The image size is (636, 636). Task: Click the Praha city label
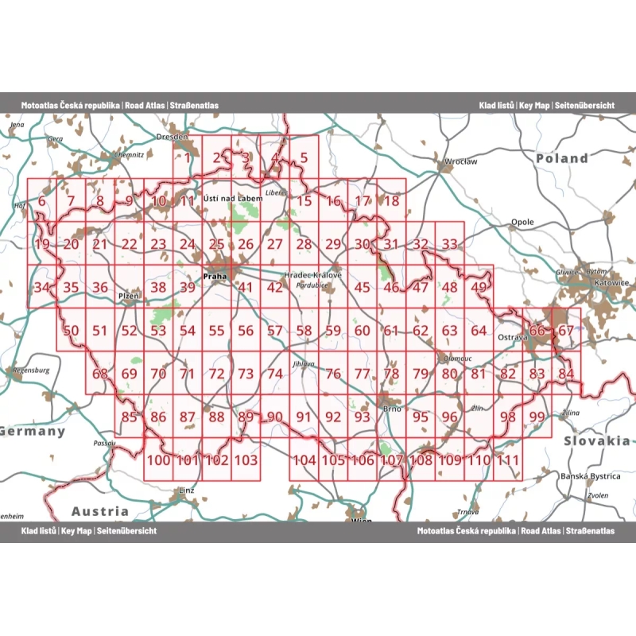click(215, 277)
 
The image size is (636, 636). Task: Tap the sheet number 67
click(565, 331)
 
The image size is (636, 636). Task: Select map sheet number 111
click(508, 460)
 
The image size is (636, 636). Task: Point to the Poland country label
click(561, 158)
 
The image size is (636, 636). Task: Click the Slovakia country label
click(596, 440)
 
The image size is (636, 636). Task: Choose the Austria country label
click(99, 511)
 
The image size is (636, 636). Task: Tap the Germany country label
click(33, 431)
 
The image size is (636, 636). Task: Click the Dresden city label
click(173, 137)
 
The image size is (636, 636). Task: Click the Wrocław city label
click(461, 161)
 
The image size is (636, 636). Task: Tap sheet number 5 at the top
click(304, 157)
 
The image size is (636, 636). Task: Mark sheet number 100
click(159, 460)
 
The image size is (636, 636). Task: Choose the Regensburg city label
click(32, 370)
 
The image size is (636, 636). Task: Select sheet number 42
click(275, 288)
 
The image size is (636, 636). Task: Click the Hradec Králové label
click(313, 275)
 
